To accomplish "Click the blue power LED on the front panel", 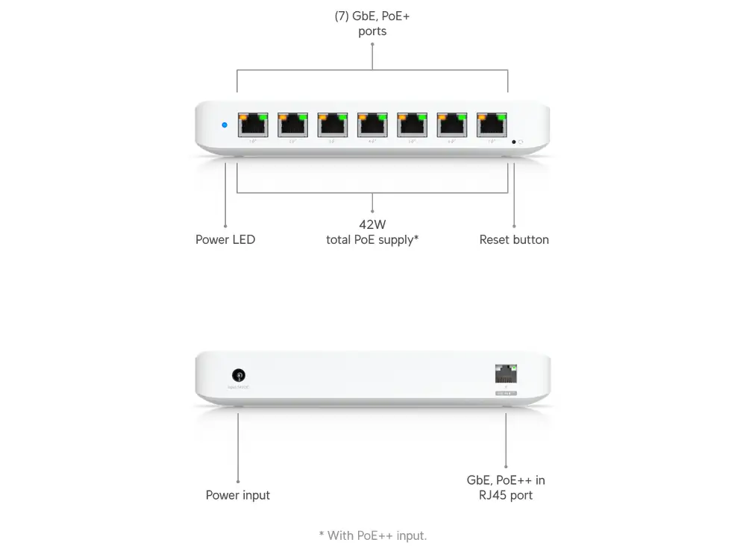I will pos(225,125).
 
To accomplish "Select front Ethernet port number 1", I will pos(253,125).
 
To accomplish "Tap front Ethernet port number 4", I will pos(372,125).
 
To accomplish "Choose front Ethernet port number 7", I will pos(492,125).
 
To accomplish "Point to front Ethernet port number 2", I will pos(292,125).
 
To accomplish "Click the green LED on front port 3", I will pos(342,116).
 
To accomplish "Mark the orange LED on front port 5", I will pos(402,116).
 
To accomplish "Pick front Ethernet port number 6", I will pos(452,125).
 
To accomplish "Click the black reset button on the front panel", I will pos(513,142).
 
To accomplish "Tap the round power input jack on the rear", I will pos(239,375).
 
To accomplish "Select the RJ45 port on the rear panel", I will pos(506,374).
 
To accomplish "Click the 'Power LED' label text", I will pos(225,240).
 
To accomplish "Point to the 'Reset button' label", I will pos(514,240).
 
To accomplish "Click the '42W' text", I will pos(372,224).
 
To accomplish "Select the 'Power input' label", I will pos(238,495).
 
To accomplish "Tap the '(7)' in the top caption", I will pos(342,15).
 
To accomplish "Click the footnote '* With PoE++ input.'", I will pos(372,535).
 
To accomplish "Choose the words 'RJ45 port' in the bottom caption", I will pos(506,495).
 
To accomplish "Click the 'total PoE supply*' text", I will pos(372,240).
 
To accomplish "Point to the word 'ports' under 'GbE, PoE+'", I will pos(372,31).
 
